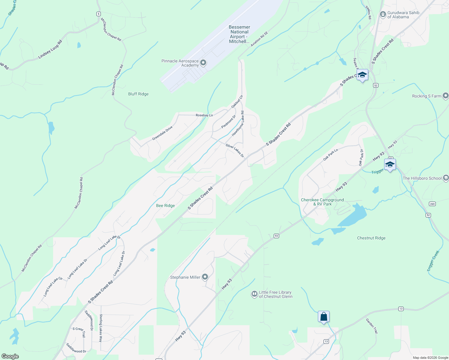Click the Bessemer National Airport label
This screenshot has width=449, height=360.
[239, 34]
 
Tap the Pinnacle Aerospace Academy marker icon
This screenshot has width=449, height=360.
[203, 63]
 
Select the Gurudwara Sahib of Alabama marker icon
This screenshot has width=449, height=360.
[383, 14]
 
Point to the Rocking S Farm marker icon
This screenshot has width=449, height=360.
[445, 96]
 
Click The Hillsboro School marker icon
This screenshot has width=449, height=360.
[446, 178]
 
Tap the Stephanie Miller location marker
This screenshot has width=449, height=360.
[205, 277]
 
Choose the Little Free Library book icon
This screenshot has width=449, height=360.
[255, 294]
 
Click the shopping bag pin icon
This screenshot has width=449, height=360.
[324, 317]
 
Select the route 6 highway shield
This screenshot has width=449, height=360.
[98, 14]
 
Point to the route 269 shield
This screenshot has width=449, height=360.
[432, 204]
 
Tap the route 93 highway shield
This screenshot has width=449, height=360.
[276, 236]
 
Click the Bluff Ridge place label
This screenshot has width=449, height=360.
[138, 94]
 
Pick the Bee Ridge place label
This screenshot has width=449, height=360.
[165, 205]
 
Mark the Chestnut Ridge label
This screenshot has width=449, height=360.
[371, 238]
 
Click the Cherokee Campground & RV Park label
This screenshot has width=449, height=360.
[322, 202]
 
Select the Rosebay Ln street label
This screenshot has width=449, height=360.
[204, 115]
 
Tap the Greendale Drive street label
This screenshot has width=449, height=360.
[162, 133]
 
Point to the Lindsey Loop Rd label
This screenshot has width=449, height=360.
[50, 49]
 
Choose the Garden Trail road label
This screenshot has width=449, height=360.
[372, 326]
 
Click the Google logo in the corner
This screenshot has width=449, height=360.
[10, 356]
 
